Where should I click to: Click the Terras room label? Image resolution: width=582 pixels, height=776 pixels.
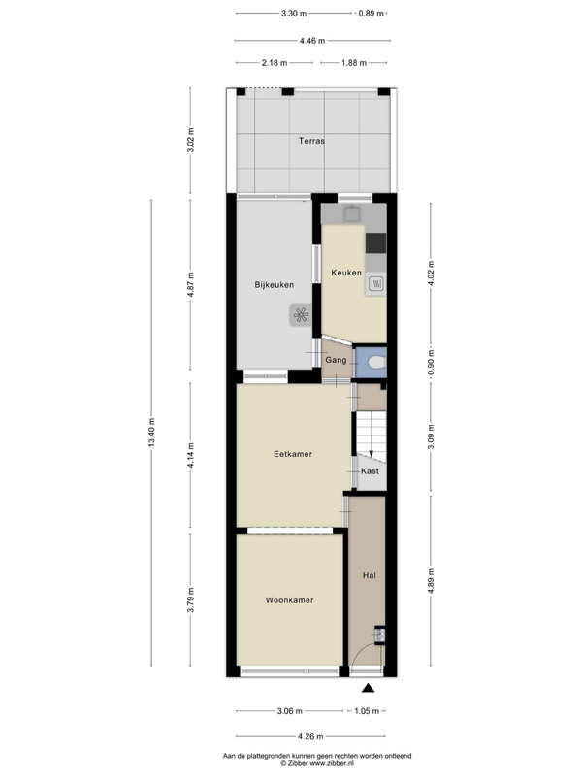(x=311, y=141)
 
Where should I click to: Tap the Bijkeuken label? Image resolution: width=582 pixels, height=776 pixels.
(x=275, y=285)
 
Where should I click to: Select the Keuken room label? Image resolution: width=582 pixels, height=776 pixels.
(x=346, y=273)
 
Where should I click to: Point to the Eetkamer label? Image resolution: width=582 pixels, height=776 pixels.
(x=293, y=454)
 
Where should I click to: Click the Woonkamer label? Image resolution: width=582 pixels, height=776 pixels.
(x=289, y=600)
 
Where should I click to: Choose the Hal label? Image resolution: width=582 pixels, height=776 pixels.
(x=370, y=575)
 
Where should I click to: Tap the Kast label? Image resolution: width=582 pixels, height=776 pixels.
(x=371, y=471)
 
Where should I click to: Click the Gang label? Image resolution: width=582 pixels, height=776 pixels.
(x=336, y=360)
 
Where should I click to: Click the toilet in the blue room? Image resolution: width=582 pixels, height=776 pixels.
(x=377, y=363)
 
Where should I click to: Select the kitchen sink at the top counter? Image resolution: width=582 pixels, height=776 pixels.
(x=352, y=213)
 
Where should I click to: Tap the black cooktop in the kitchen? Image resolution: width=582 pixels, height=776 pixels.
(x=376, y=242)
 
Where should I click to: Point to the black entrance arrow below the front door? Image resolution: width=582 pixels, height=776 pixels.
(x=368, y=688)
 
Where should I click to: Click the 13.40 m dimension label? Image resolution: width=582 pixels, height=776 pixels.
(x=151, y=433)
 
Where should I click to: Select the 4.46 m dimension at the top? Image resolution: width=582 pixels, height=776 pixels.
(x=312, y=41)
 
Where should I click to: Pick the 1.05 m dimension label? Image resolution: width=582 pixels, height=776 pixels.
(x=367, y=711)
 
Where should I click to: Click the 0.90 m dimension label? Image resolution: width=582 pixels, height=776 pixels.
(x=431, y=362)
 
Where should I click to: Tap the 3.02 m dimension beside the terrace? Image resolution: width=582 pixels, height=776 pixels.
(x=191, y=141)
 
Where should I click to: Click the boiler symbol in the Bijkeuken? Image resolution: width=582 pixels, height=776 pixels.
(x=301, y=314)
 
